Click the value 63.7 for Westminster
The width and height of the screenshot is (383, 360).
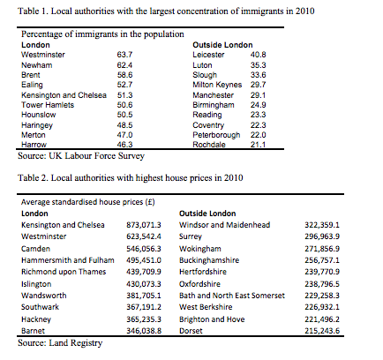tap(124, 55)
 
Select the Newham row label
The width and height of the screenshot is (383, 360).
tap(37, 65)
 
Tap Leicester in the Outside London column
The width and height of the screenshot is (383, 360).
tap(208, 55)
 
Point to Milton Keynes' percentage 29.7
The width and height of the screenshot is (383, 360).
tap(259, 85)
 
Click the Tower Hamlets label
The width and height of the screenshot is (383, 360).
tap(48, 105)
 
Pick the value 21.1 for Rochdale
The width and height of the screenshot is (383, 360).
tap(259, 145)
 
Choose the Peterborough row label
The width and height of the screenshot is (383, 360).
tap(216, 135)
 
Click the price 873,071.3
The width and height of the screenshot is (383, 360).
tap(144, 225)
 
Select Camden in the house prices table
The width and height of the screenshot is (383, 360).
tap(35, 249)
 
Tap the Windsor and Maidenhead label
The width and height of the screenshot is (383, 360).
tap(225, 225)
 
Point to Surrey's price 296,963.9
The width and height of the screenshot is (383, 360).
tap(322, 236)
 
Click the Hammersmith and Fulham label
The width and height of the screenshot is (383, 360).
tap(68, 260)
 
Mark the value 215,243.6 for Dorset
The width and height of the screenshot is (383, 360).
tap(322, 331)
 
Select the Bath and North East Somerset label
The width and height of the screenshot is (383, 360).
tap(232, 296)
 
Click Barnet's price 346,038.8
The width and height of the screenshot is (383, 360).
tap(144, 331)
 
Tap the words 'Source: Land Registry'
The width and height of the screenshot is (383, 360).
tap(60, 343)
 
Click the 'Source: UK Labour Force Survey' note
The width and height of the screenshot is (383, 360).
tap(81, 156)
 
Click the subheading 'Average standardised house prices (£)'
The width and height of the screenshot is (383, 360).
tap(88, 202)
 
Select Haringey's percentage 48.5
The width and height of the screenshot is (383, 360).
tap(124, 125)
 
